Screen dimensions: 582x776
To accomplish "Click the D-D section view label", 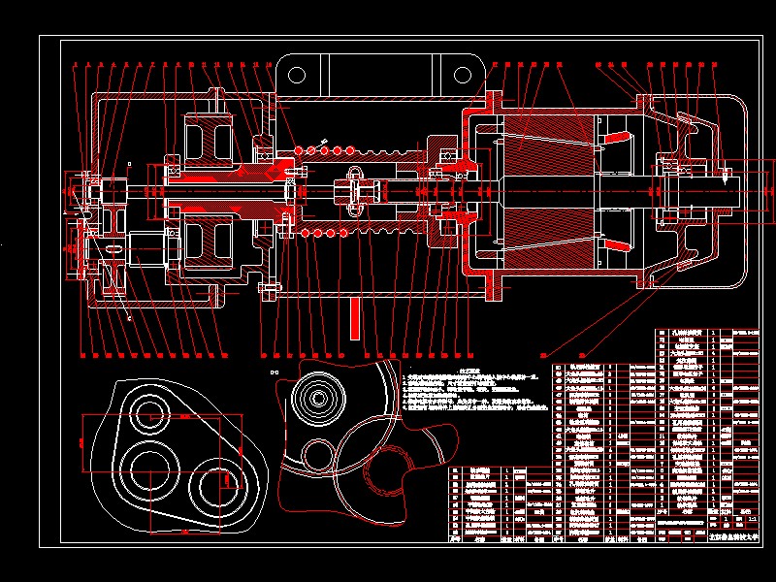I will click(273, 372).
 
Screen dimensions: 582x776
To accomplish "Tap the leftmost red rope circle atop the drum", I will click(300, 150).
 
